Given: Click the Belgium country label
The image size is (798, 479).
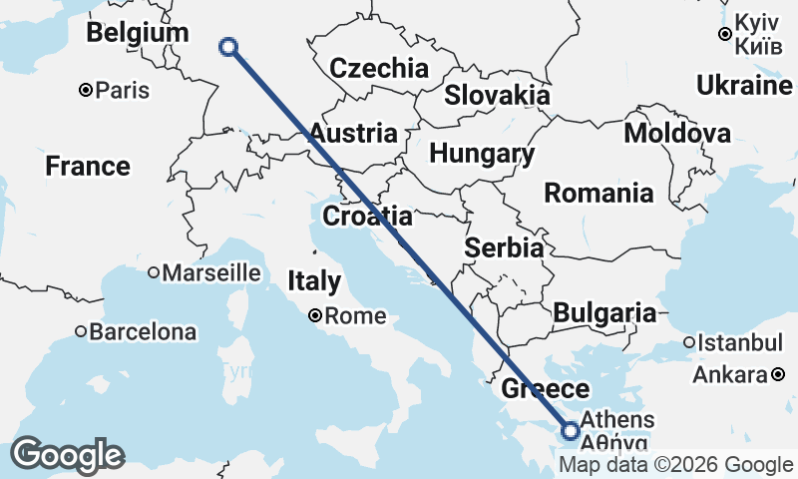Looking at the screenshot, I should (137, 33).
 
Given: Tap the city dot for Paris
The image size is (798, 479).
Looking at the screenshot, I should (86, 91).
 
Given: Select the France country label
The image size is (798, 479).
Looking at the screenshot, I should (87, 166).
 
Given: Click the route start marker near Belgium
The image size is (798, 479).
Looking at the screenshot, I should (228, 46).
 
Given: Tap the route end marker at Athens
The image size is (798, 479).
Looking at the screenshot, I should (570, 431).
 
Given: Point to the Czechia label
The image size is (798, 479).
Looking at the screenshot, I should (378, 69).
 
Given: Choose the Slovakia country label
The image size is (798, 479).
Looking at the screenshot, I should (497, 95).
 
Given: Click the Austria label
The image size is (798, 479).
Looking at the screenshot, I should (352, 133).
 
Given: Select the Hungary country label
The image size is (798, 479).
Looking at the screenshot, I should (482, 154).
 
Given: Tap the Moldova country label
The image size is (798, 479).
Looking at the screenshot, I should (676, 134).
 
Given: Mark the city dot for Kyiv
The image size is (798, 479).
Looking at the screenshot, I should (725, 34).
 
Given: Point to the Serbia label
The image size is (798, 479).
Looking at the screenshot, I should (505, 247).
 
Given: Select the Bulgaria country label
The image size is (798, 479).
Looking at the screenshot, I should (603, 312).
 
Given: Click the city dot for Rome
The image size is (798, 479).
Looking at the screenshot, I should (315, 316).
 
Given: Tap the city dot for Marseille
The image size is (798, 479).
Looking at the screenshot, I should (154, 272).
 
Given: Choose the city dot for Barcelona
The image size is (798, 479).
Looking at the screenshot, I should (81, 331).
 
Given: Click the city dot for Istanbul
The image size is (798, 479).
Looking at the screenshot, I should (688, 343).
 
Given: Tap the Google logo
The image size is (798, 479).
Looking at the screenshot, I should (67, 455).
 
